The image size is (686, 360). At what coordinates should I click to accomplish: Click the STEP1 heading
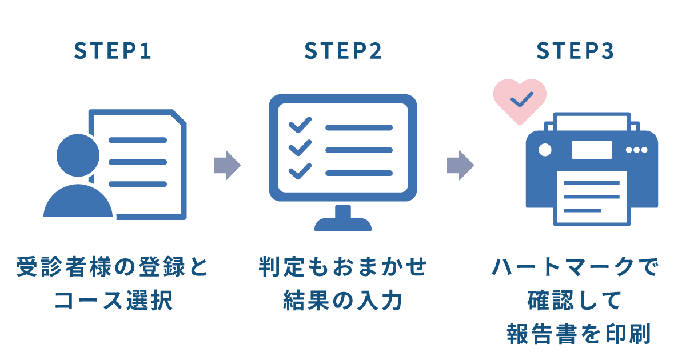point(113,51)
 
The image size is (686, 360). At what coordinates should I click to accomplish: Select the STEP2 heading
point(343,51)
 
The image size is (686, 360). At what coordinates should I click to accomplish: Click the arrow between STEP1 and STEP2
point(227,166)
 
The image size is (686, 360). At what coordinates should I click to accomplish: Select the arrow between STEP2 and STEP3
point(460,166)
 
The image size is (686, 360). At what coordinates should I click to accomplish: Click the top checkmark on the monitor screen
point(300,125)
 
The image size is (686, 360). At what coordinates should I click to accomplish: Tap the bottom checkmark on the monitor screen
point(300,170)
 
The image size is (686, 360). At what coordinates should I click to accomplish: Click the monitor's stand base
point(343,223)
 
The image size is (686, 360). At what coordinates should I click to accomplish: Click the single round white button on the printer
point(545,150)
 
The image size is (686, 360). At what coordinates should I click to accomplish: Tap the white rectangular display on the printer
point(591,150)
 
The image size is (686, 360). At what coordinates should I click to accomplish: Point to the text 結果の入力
point(343,301)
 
